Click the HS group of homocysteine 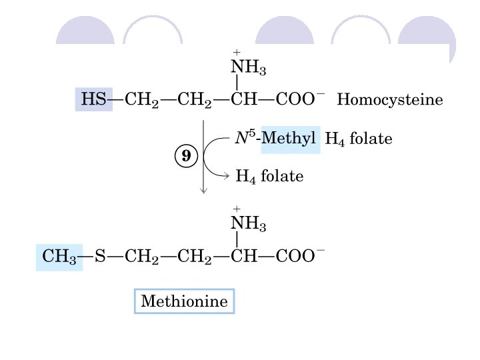point(93,101)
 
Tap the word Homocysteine point(390,101)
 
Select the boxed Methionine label point(185,302)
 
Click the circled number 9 point(186,157)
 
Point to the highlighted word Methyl point(291,139)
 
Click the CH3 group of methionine point(59,257)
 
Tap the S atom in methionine point(101,257)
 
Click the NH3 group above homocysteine point(248,67)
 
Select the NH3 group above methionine point(248,224)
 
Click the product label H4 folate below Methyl point(270,177)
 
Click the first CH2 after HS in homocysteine point(141,101)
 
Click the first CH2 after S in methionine point(141,257)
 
